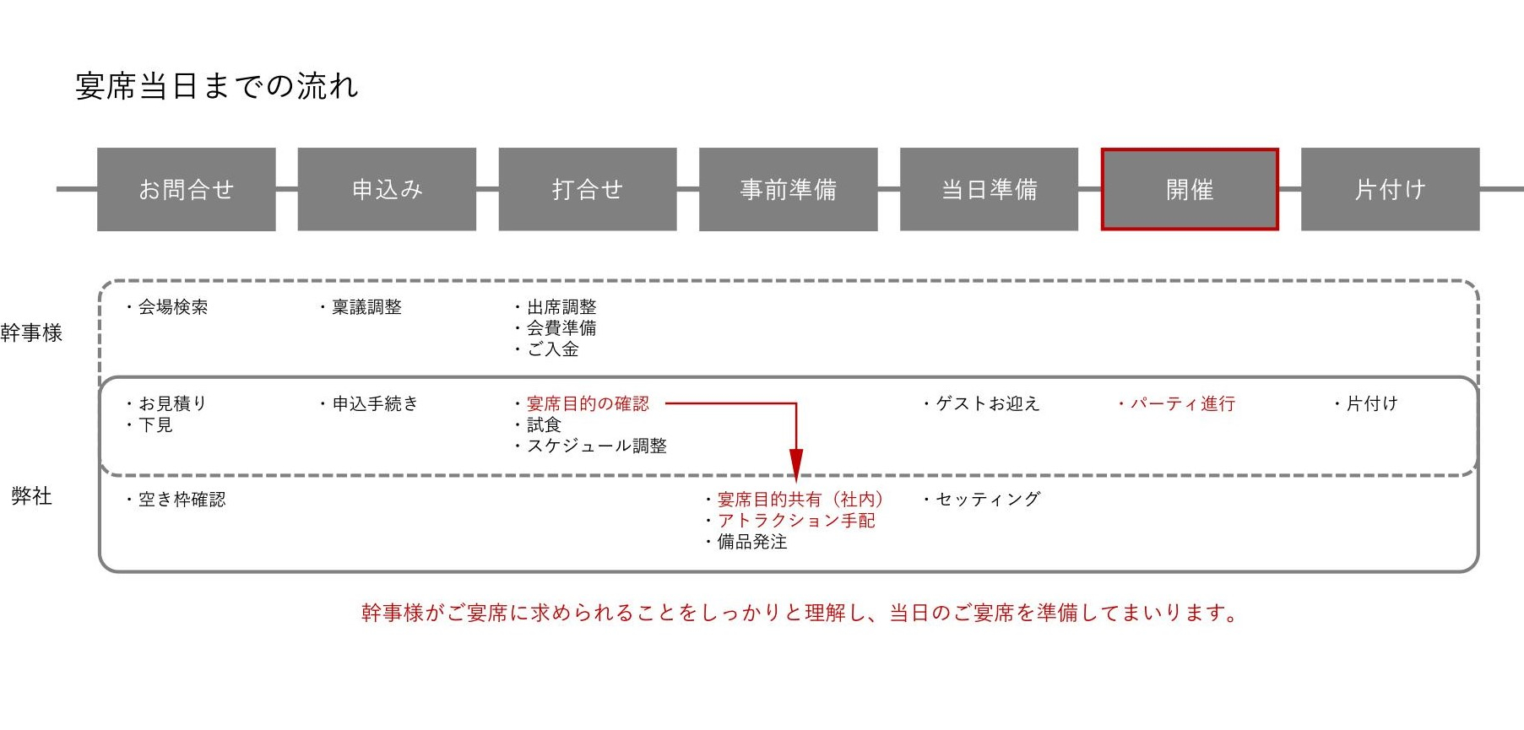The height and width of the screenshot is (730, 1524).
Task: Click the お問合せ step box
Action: click(187, 189)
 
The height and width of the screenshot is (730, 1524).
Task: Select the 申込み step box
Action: click(387, 189)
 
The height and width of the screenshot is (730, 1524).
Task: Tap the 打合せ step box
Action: click(588, 189)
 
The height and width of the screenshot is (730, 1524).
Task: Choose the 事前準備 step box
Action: click(789, 189)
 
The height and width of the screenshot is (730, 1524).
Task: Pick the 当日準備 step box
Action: click(989, 189)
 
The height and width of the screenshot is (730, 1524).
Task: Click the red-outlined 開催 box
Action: click(1190, 189)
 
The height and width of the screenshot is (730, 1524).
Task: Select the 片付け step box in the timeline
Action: click(1391, 189)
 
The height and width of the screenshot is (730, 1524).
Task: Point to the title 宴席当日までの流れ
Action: click(217, 86)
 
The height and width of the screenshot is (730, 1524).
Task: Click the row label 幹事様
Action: click(31, 333)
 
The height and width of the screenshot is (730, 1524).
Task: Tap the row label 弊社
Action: click(31, 496)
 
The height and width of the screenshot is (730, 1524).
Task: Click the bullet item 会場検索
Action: click(166, 307)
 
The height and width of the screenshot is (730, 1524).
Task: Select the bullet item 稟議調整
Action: click(361, 307)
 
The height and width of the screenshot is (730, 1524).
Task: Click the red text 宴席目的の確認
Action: click(588, 404)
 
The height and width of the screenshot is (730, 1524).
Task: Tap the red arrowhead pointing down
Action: click(795, 466)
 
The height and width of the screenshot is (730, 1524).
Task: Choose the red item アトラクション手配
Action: click(796, 521)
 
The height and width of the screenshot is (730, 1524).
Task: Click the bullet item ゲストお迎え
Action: click(981, 404)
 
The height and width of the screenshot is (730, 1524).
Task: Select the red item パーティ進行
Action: click(1176, 404)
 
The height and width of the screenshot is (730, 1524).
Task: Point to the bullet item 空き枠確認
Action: click(176, 500)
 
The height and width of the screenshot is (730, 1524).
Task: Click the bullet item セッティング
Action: click(981, 500)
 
